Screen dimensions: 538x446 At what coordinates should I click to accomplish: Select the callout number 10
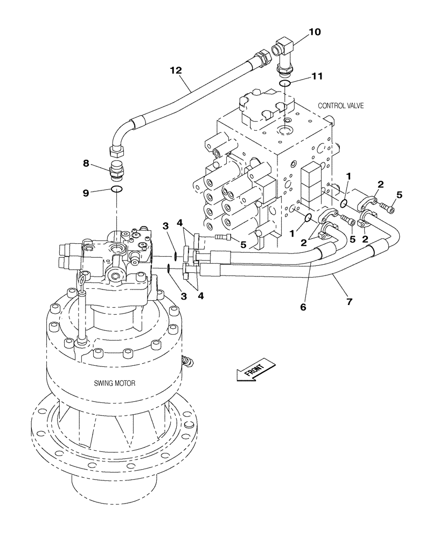pos(314,32)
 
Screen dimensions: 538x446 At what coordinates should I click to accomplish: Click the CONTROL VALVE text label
pos(341,106)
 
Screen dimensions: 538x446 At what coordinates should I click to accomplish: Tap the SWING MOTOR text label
pos(115,383)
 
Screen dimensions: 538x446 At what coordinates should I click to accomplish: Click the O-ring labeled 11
pos(286,83)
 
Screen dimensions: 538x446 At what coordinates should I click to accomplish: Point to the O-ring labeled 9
pos(117,189)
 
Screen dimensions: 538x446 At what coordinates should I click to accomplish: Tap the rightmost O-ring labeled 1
pos(343,203)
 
